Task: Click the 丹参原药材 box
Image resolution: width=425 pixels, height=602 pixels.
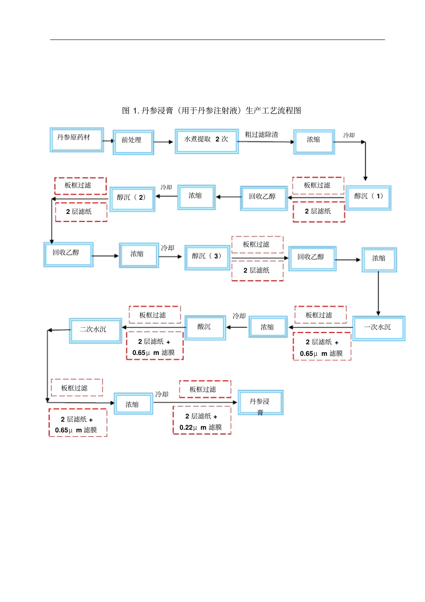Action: coord(76,140)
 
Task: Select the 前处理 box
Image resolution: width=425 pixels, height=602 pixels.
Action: coord(133,142)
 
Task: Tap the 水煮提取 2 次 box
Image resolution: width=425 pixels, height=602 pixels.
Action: coord(206,141)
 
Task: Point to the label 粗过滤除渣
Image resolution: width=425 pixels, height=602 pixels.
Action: coord(262,135)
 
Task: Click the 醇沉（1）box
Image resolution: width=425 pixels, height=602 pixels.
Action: coord(369,197)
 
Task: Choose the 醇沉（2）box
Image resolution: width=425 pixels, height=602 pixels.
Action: coord(132,199)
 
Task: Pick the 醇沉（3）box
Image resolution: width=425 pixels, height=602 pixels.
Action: coord(207,257)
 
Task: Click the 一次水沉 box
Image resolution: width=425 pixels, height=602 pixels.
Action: coord(378,328)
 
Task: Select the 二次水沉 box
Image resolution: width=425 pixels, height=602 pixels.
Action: coord(95,330)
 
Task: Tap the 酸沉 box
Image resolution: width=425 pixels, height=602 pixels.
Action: coord(205,328)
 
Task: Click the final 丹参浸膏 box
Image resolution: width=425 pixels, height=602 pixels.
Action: coord(260,402)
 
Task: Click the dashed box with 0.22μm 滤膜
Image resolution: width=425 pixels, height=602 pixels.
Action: coord(202,420)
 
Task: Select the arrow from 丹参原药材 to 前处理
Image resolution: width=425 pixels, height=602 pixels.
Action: coord(109,141)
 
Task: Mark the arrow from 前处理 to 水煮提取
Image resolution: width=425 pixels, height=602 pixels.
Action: coord(164,142)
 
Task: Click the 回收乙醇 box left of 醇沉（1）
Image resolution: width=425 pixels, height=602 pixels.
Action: coord(263,198)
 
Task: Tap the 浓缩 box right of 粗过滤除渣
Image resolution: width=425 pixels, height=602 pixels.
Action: coord(314,141)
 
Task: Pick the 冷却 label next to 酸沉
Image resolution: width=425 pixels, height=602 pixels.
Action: coord(239,316)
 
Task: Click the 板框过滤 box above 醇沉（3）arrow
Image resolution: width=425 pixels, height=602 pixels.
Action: coord(257,245)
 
